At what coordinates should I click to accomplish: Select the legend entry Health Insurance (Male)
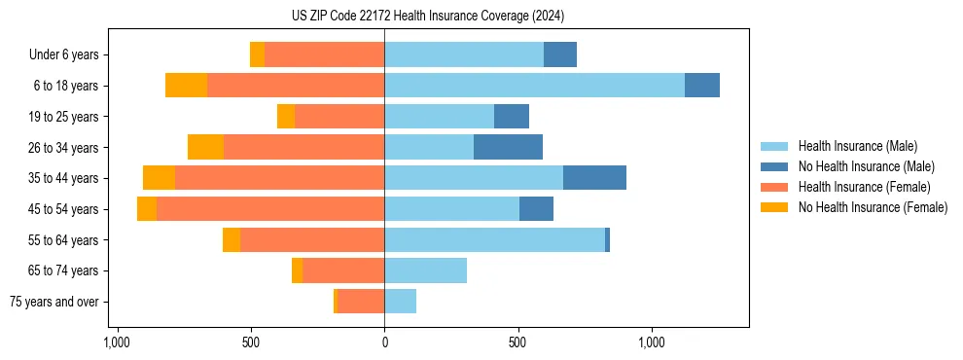[x=856, y=146]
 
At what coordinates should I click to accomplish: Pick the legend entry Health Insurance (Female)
[x=864, y=187]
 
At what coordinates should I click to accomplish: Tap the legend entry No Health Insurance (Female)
[x=873, y=207]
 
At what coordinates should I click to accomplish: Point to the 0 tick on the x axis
[x=384, y=342]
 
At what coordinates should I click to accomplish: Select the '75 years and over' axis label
[x=54, y=302]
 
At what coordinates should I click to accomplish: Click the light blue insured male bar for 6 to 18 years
[x=534, y=86]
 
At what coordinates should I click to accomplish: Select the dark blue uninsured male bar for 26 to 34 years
[x=508, y=147]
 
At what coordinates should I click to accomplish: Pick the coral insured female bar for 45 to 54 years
[x=270, y=209]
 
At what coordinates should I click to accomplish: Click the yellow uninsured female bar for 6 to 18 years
[x=186, y=86]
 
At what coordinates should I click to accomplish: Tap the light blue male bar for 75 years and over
[x=400, y=302]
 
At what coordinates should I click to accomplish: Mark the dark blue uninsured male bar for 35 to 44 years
[x=594, y=178]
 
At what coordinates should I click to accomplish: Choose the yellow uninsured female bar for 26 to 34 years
[x=205, y=147]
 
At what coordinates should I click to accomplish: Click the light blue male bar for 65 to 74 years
[x=425, y=270]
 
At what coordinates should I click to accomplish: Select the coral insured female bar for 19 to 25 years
[x=339, y=117]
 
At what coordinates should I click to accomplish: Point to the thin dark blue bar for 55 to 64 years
[x=607, y=240]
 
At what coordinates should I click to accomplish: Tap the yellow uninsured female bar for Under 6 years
[x=257, y=54]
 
